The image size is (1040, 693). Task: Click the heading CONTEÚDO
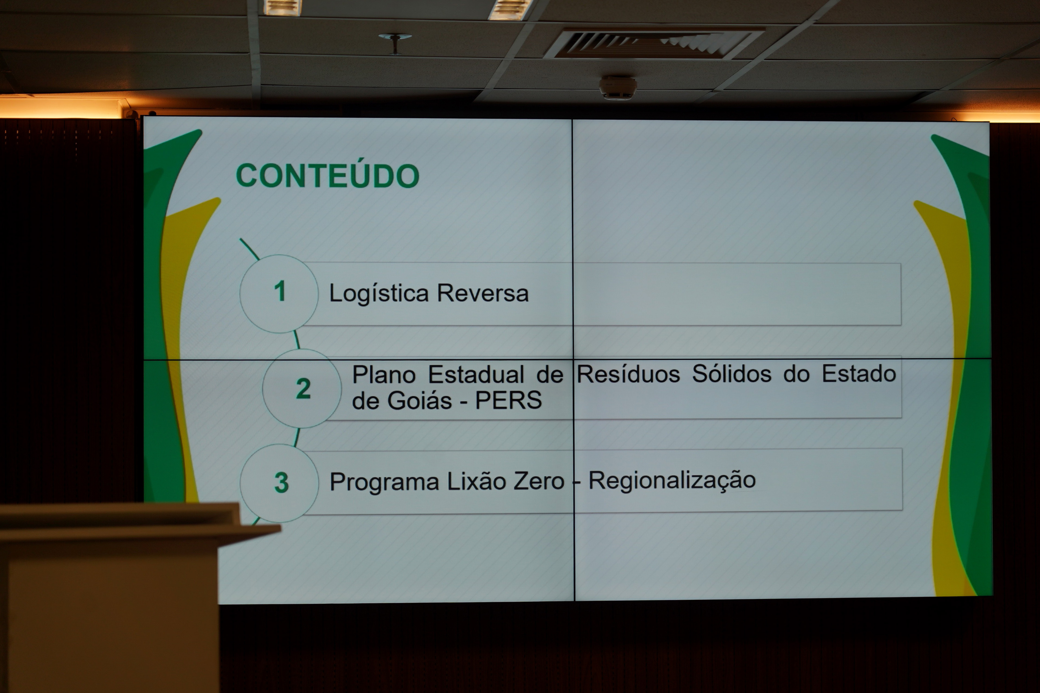(327, 175)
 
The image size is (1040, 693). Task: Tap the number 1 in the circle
(280, 291)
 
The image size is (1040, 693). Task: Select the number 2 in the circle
(303, 388)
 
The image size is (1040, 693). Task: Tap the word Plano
(384, 375)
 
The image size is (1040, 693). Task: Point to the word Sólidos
(732, 374)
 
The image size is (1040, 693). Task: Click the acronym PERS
(508, 400)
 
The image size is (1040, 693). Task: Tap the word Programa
(384, 482)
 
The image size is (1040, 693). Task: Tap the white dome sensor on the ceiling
(618, 87)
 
